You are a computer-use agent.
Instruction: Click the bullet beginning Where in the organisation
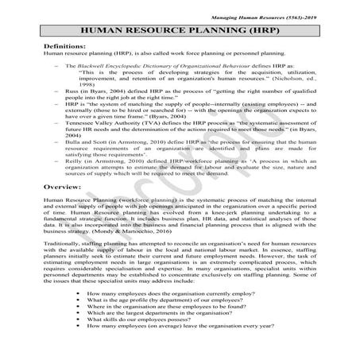point(175,310)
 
